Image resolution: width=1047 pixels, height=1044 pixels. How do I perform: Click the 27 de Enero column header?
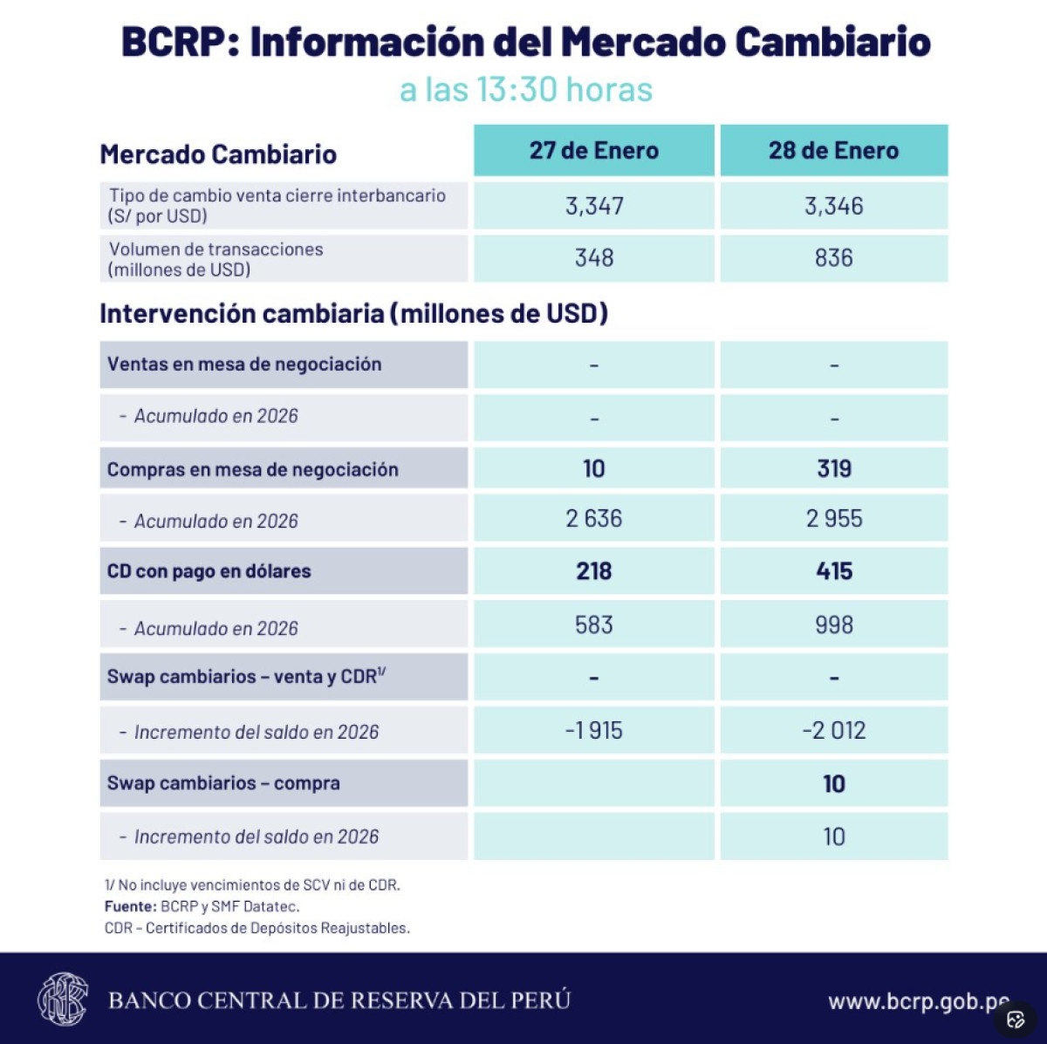pos(593,151)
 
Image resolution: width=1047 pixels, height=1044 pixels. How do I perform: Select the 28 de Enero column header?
pos(833,151)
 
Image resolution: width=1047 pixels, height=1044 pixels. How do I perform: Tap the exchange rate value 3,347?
pos(594,206)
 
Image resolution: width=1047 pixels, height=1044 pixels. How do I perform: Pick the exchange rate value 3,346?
pos(833,206)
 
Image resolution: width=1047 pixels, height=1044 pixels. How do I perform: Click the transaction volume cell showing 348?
pos(594,258)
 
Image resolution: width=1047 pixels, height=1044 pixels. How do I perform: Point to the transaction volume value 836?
pos(833,258)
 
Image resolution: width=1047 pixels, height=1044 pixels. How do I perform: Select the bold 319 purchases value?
pos(834,469)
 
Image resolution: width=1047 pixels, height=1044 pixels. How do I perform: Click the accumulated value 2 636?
pos(594,519)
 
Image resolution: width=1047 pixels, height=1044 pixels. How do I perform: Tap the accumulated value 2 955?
pos(834,519)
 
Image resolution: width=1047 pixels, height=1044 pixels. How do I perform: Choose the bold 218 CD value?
pos(594,571)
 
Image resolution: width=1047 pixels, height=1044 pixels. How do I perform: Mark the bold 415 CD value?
pos(834,571)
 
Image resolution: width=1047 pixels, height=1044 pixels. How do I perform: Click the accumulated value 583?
pos(594,625)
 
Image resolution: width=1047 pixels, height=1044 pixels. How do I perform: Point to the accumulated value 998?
pos(834,625)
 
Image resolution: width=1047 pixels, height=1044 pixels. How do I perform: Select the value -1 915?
pos(594,731)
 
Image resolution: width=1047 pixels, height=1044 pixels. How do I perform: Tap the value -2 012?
pos(834,731)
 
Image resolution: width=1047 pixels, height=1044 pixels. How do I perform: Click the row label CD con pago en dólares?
pos(209,571)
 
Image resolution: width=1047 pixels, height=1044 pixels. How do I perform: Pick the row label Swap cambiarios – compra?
pos(223,783)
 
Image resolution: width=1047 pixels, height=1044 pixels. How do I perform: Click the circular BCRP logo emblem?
pos(63,1000)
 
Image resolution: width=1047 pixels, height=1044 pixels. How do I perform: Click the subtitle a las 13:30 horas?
pos(526,90)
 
